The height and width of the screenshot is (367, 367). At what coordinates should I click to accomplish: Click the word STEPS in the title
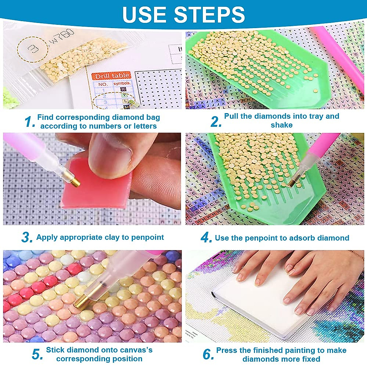click(x=209, y=14)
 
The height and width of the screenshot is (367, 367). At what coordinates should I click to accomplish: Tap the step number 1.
click(x=30, y=122)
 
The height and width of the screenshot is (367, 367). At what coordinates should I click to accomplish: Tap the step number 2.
click(x=216, y=122)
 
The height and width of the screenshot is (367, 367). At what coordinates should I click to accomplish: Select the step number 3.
click(x=27, y=237)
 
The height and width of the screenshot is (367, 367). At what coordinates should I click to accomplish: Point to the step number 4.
click(x=206, y=238)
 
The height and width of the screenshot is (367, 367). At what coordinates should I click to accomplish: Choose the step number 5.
click(x=37, y=354)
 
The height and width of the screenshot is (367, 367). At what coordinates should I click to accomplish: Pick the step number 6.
click(x=208, y=354)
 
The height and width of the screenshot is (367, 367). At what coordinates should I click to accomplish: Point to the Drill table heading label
click(x=112, y=76)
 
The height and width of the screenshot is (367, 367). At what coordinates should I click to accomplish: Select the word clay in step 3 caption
click(x=112, y=237)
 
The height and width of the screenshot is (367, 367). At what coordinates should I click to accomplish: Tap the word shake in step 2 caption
click(x=281, y=125)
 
